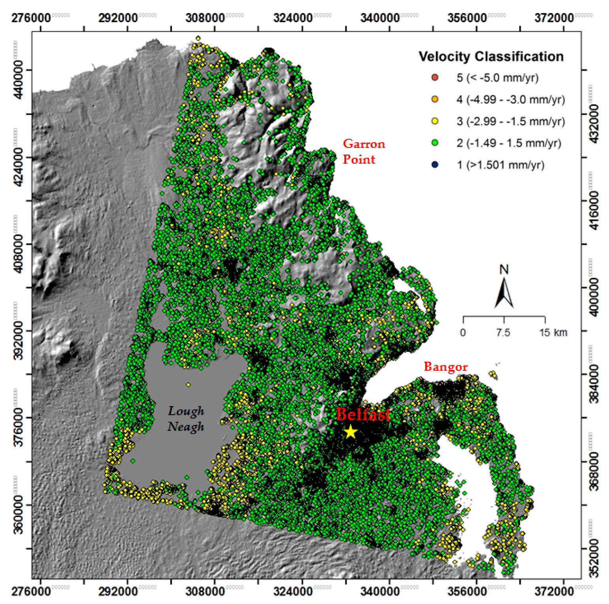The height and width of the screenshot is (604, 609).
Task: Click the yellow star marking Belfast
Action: [x=351, y=432]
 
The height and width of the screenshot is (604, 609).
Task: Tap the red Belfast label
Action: [x=363, y=414]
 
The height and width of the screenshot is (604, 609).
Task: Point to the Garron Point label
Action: [x=364, y=151]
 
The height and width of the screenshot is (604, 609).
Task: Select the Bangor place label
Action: [x=445, y=367]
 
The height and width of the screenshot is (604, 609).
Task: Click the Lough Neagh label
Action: [x=186, y=419]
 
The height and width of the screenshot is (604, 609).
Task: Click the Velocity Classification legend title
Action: [x=491, y=57]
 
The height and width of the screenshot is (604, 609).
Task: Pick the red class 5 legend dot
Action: [x=435, y=77]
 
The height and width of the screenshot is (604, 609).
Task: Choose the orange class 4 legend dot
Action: [x=435, y=99]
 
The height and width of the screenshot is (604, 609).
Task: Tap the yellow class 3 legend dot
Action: [x=435, y=121]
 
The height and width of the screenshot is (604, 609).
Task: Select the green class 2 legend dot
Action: [x=435, y=143]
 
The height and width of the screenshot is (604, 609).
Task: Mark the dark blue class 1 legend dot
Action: [x=435, y=164]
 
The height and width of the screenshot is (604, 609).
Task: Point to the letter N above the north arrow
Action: [x=504, y=270]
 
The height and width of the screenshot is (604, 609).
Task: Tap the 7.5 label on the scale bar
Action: [x=503, y=332]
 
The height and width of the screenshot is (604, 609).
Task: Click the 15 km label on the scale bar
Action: [x=553, y=332]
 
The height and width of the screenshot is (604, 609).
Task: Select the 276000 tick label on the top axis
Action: [x=31, y=18]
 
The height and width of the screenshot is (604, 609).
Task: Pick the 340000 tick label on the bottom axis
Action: [x=380, y=591]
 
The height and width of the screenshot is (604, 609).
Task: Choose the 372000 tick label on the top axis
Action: [x=554, y=18]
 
